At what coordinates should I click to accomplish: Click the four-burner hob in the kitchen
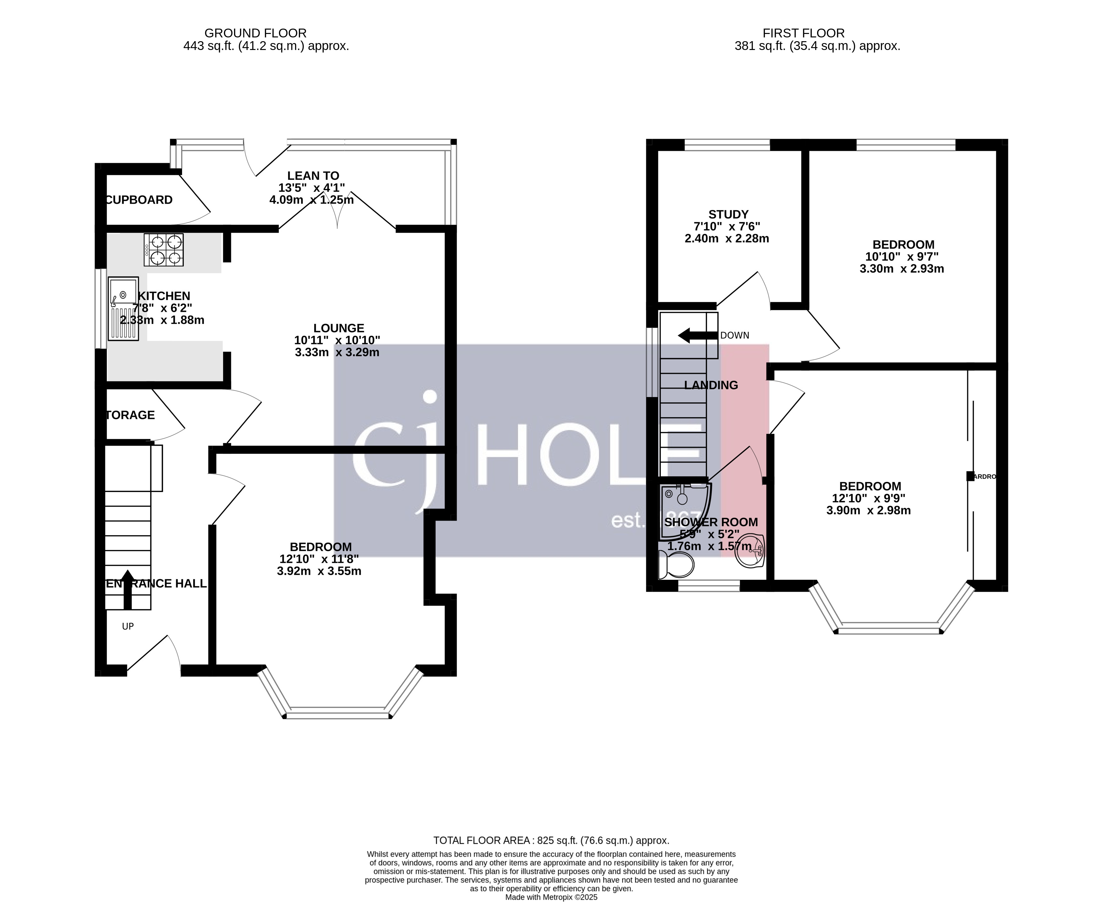click(x=164, y=250)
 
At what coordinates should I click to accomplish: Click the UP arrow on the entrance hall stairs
click(x=127, y=590)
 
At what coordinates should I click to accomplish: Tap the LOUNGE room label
click(x=338, y=328)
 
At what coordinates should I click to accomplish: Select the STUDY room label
click(x=728, y=215)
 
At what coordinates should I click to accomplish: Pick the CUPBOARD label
click(x=139, y=200)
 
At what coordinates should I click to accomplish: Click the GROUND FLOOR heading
click(x=255, y=33)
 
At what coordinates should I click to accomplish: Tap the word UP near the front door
click(x=128, y=627)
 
